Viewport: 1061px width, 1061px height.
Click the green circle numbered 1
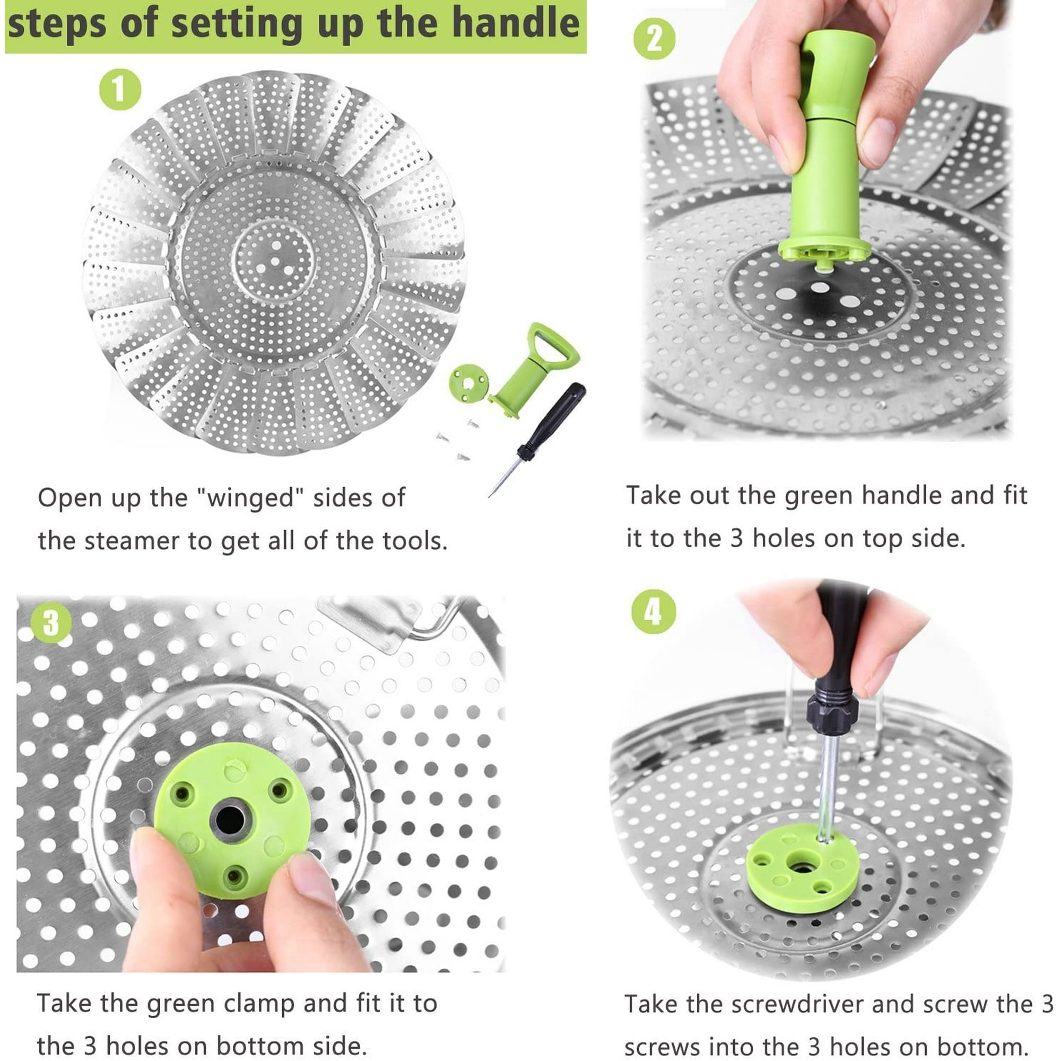[x=120, y=89]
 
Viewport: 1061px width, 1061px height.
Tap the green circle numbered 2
[x=654, y=38]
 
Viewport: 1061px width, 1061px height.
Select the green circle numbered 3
[x=50, y=623]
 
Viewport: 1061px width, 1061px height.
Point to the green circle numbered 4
[x=653, y=612]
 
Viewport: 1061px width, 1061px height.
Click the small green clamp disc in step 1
[x=468, y=383]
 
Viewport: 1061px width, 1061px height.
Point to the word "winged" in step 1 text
[x=250, y=498]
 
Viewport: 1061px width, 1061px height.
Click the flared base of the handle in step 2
[x=824, y=252]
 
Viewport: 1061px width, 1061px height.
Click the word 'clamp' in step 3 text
[x=260, y=1003]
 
